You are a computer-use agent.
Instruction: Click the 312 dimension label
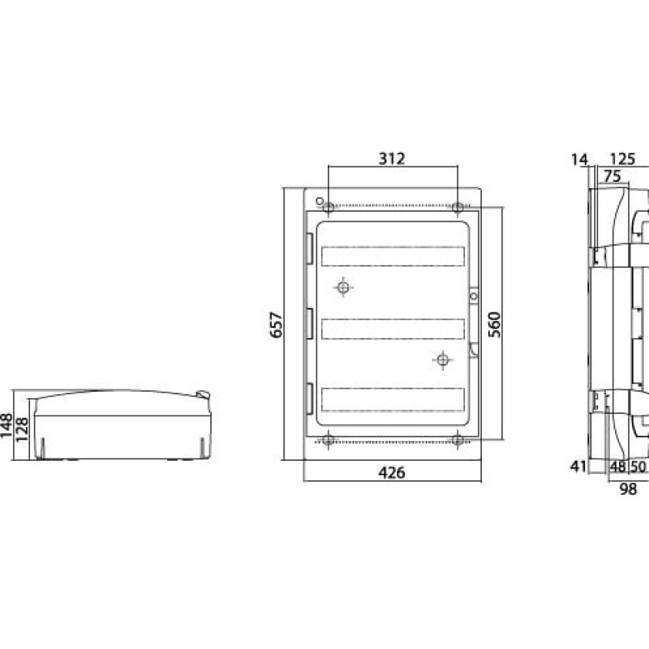pos(392,158)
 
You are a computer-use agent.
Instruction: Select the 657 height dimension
pos(276,325)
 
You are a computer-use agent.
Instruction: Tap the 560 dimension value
pos(494,324)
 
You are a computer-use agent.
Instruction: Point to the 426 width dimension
pos(392,472)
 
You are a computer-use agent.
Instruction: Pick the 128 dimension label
pos(22,429)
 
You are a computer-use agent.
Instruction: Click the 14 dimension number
pos(579,159)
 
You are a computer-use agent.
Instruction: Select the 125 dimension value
pos(622,159)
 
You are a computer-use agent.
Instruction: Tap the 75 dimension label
pos(612,176)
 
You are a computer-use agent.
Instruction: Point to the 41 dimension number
pos(578,466)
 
